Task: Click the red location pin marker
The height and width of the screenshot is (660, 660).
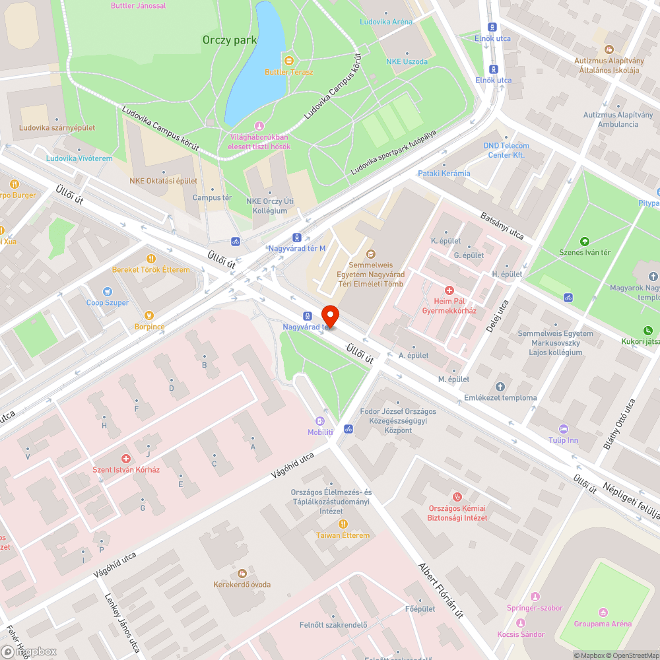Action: tap(329, 316)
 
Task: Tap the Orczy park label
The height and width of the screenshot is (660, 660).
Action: tap(229, 40)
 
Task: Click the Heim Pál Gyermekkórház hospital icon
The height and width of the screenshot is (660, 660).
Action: tap(449, 290)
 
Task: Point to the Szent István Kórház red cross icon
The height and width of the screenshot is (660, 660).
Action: tap(125, 458)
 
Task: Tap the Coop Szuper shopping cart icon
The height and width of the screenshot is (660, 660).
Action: tap(108, 291)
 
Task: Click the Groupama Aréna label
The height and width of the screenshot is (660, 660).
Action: tap(602, 624)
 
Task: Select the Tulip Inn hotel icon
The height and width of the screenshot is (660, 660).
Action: tap(563, 428)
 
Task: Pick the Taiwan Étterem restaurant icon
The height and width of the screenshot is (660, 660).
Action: tap(343, 523)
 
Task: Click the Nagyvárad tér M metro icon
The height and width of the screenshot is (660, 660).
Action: tap(297, 237)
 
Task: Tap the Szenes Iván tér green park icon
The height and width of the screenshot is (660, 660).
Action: tap(584, 242)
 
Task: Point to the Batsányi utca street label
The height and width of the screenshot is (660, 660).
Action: tap(502, 226)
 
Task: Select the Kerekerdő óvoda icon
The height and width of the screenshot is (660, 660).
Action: tap(242, 573)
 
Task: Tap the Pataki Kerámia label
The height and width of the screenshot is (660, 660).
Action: tap(444, 174)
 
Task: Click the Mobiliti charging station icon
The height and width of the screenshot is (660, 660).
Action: tap(320, 420)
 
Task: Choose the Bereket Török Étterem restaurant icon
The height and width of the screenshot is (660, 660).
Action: tap(150, 259)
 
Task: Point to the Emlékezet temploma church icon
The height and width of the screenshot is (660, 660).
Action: tap(500, 386)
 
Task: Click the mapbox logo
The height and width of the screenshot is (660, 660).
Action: tap(29, 651)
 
